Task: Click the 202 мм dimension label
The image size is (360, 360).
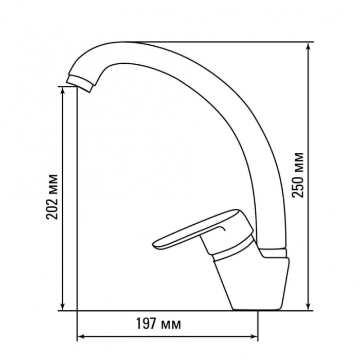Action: pyautogui.click(x=51, y=197)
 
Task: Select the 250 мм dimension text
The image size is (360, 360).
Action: pyautogui.click(x=298, y=175)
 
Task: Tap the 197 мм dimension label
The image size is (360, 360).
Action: pyautogui.click(x=158, y=323)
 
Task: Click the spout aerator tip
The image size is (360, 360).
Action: pyautogui.click(x=80, y=83)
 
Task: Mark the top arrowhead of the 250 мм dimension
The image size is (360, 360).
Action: pyautogui.click(x=309, y=47)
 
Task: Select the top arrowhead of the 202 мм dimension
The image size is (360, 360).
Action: pyautogui.click(x=62, y=91)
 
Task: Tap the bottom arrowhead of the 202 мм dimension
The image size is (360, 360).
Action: pyautogui.click(x=62, y=307)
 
